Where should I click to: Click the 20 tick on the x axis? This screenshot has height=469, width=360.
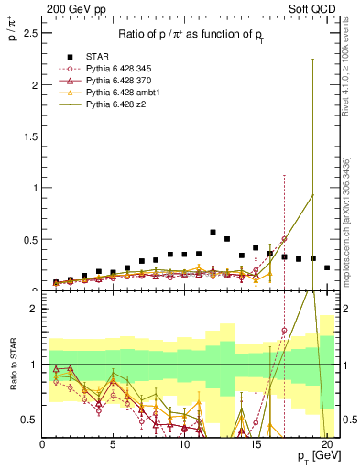[x=326, y=445]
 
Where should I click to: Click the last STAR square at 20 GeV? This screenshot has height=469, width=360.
[x=327, y=267]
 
